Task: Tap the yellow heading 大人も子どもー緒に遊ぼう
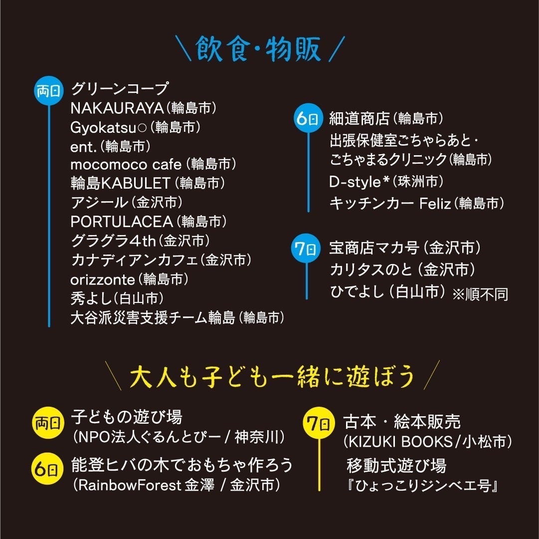(x=272, y=377)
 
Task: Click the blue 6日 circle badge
(x=307, y=119)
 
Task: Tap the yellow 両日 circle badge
(x=47, y=424)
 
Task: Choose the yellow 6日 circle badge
(x=47, y=469)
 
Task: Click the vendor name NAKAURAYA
(x=117, y=108)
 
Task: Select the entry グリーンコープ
(x=120, y=89)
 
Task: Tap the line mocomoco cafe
(x=123, y=164)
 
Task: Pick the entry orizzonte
(x=103, y=279)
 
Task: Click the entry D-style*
(x=359, y=182)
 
